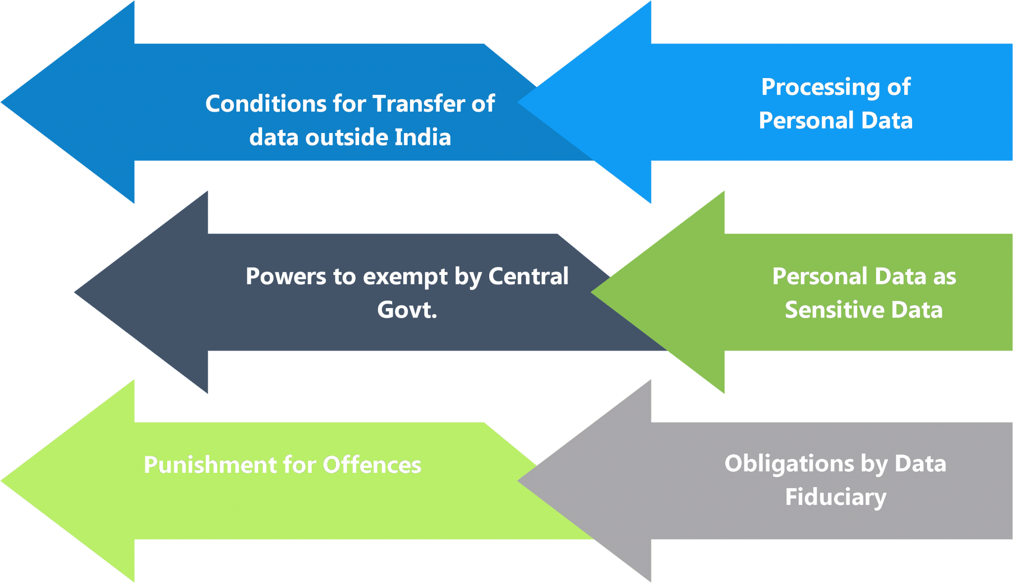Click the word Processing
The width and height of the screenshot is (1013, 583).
[x=820, y=88]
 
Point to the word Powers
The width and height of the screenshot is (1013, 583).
[x=285, y=276]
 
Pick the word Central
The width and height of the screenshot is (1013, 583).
[x=528, y=276]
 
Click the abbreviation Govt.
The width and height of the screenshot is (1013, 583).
[x=407, y=310]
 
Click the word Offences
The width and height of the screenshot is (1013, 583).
[x=372, y=465]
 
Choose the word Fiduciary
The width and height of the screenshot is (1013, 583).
[x=835, y=497]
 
